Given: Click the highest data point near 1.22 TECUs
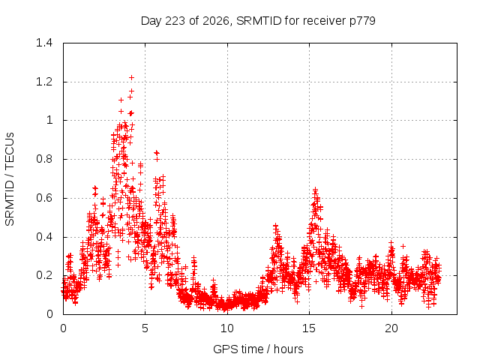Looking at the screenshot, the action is [x=132, y=78].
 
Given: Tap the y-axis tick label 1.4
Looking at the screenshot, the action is [x=44, y=43].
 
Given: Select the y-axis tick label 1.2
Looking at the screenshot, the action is [x=44, y=82].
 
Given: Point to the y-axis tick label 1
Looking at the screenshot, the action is [x=49, y=120].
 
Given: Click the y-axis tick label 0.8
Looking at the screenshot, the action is [x=44, y=159].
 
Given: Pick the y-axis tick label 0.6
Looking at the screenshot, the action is [x=44, y=198].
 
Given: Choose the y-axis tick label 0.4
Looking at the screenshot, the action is [x=44, y=237].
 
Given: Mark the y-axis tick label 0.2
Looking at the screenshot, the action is [x=44, y=275].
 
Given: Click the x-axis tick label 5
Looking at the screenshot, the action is [x=145, y=328].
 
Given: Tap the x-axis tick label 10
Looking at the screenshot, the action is [x=227, y=328].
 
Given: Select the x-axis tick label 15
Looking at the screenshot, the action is [x=309, y=328].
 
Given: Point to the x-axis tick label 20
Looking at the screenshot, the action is [x=391, y=328].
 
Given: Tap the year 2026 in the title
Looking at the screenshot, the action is [x=216, y=21].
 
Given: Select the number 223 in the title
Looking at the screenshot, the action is [x=175, y=21].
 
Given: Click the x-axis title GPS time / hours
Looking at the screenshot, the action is [x=258, y=349].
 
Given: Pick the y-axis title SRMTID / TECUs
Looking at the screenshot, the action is [x=10, y=179].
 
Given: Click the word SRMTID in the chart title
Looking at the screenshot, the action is [x=259, y=21].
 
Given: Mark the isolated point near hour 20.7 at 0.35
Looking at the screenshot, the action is [x=403, y=246].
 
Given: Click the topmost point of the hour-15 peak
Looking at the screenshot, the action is [x=315, y=190].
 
